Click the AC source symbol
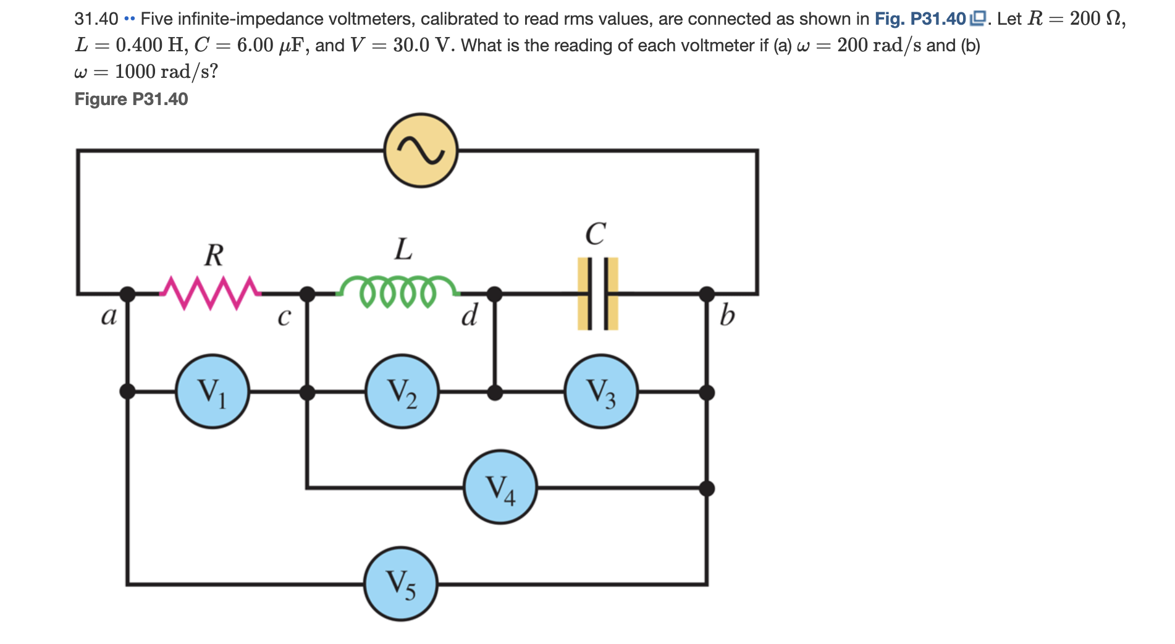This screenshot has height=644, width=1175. pyautogui.click(x=421, y=150)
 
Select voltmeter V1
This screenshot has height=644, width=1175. pyautogui.click(x=213, y=391)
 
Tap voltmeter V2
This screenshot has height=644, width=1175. pyautogui.click(x=402, y=391)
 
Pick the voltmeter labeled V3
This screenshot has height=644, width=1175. pyautogui.click(x=601, y=391)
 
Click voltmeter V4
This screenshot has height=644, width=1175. pyautogui.click(x=500, y=487)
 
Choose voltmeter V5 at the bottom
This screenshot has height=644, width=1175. pyautogui.click(x=401, y=583)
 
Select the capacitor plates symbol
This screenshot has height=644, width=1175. pyautogui.click(x=597, y=294)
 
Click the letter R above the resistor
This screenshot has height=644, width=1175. pyautogui.click(x=214, y=255)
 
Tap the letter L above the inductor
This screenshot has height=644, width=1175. pyautogui.click(x=403, y=249)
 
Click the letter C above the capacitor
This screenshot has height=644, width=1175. pyautogui.click(x=596, y=234)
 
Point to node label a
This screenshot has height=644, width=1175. pyautogui.click(x=109, y=316)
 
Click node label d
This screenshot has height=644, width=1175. pyautogui.click(x=470, y=316)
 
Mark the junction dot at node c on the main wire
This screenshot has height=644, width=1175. pyautogui.click(x=307, y=294)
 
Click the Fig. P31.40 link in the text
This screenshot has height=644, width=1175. pyautogui.click(x=920, y=19)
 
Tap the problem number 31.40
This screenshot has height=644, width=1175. pyautogui.click(x=96, y=19)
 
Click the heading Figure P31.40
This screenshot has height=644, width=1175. pyautogui.click(x=131, y=99)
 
